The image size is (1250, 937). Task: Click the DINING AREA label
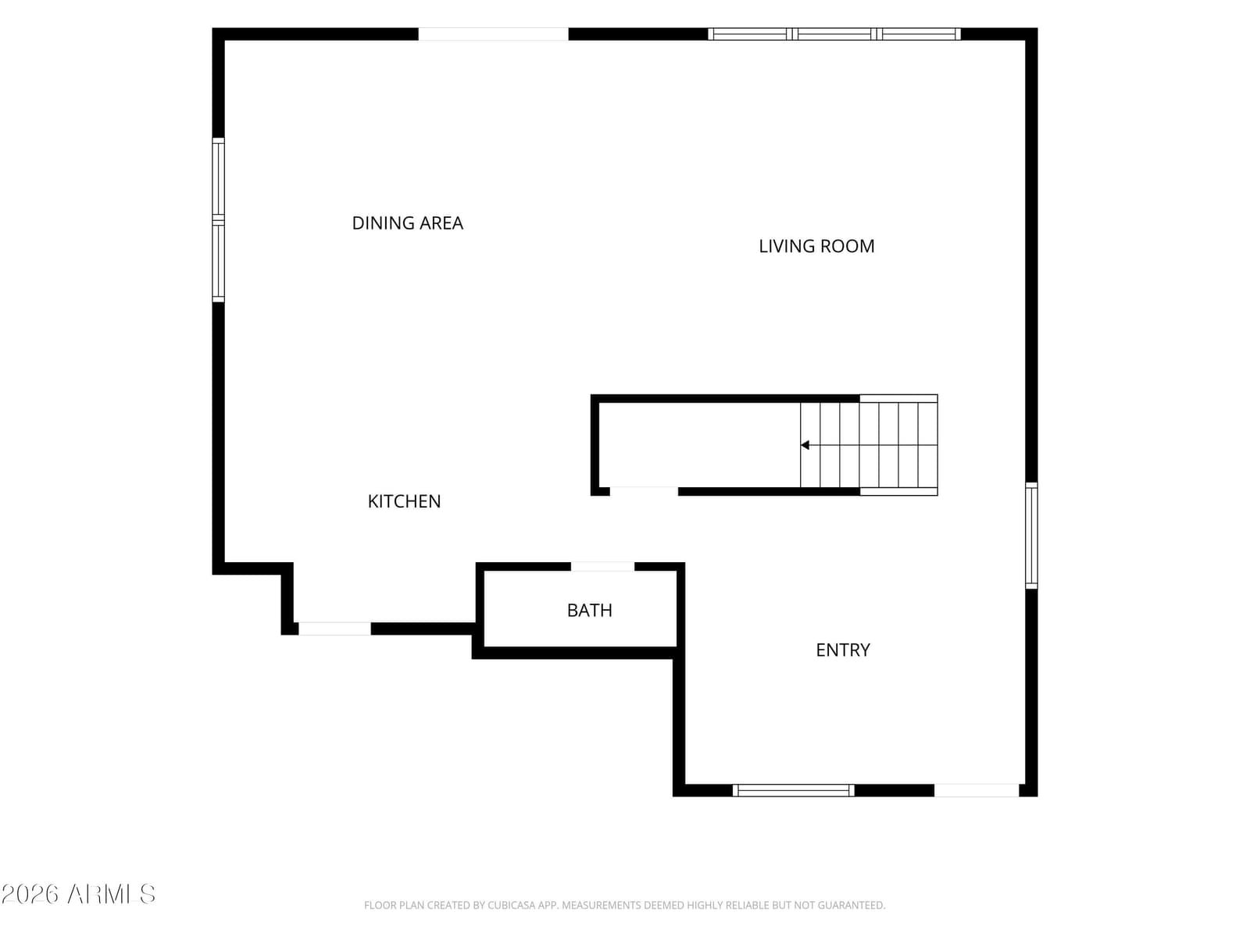click(x=407, y=223)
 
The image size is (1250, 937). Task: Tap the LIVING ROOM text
click(x=816, y=246)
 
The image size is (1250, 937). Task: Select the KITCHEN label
click(x=404, y=501)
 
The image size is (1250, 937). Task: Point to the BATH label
click(x=589, y=611)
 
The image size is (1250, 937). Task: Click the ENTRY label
click(x=843, y=650)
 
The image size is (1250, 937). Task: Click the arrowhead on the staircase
click(x=805, y=445)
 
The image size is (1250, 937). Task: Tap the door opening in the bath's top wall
click(x=602, y=567)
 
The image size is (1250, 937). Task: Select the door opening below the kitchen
click(x=335, y=629)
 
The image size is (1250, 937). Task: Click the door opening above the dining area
click(x=493, y=34)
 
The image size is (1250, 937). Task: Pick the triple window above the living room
click(x=834, y=34)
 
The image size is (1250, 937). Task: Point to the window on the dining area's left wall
click(x=218, y=220)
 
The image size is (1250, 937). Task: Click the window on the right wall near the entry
click(x=1031, y=536)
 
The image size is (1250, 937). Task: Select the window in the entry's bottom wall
click(x=793, y=790)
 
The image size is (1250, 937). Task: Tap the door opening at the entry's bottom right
click(x=977, y=790)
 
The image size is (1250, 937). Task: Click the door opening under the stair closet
click(x=644, y=492)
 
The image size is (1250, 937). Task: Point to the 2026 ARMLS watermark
click(x=78, y=894)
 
